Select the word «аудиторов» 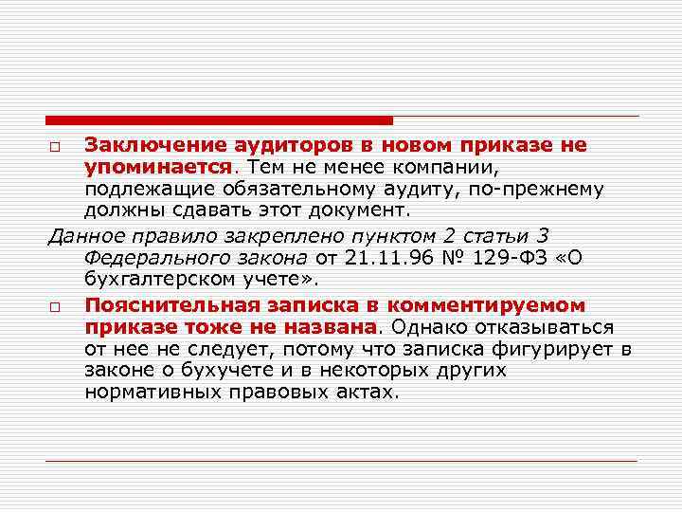[276, 146]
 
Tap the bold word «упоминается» [157, 167]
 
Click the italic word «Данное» [86, 234]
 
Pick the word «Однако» [430, 327]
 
